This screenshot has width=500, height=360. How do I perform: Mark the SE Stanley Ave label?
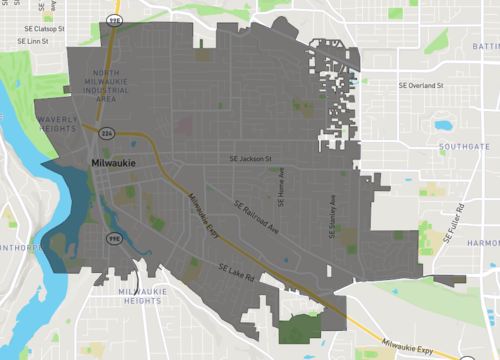(332, 203)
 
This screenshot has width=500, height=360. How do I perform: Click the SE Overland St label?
(420, 86)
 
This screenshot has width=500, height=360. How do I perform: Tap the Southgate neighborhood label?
(464, 146)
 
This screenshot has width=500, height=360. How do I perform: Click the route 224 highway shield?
(106, 133)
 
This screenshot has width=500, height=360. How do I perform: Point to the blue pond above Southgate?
(442, 126)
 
